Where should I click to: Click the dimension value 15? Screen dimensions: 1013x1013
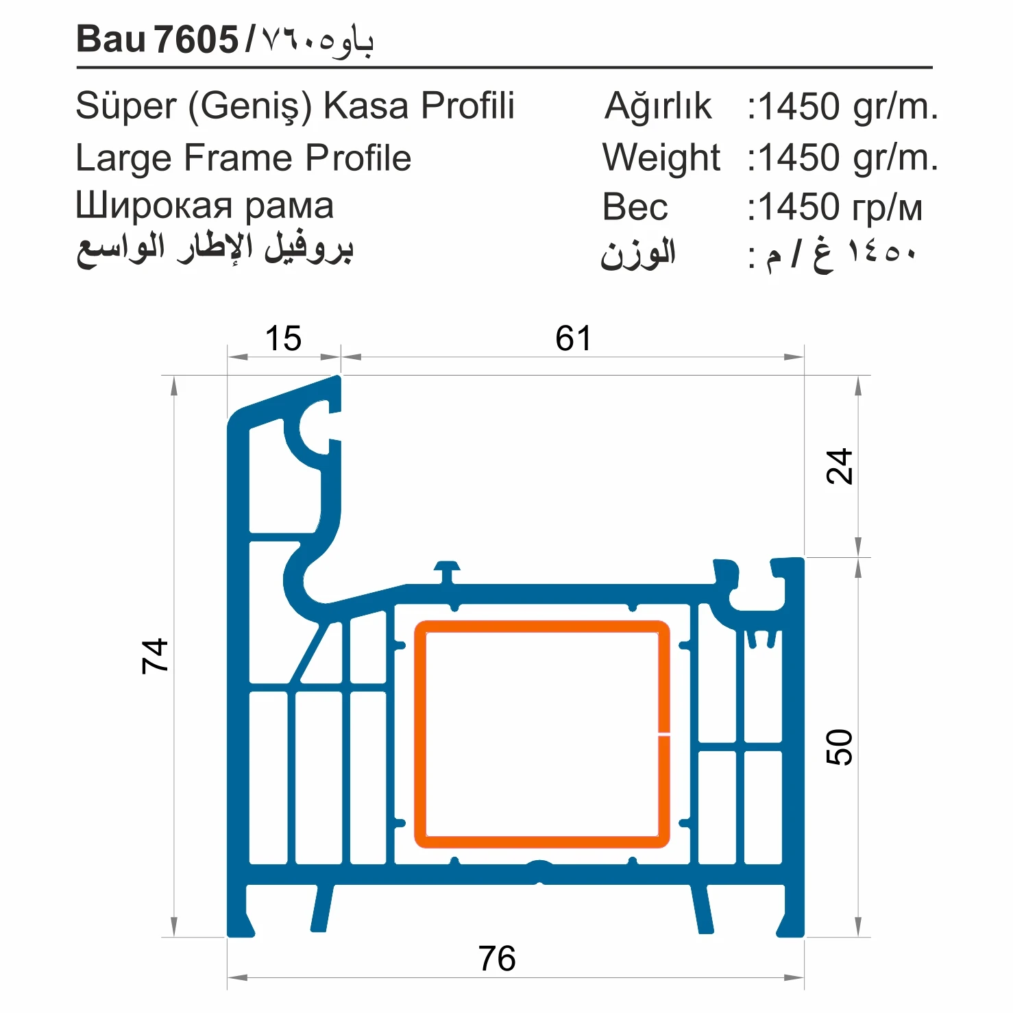(x=283, y=339)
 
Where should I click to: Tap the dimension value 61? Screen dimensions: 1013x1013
(x=573, y=339)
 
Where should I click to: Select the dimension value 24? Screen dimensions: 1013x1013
(x=840, y=467)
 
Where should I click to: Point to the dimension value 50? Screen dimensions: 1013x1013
(x=840, y=747)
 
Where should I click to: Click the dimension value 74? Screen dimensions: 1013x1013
(x=155, y=656)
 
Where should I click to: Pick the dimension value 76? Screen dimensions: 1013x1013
(x=497, y=958)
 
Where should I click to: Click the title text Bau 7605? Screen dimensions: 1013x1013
(x=157, y=39)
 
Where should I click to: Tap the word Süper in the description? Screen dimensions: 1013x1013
(x=126, y=106)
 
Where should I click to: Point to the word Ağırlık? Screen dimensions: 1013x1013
(x=658, y=106)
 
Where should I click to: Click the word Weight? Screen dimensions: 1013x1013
(x=661, y=158)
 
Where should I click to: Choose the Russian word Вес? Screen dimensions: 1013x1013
(x=635, y=207)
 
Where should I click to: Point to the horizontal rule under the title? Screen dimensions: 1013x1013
(x=504, y=68)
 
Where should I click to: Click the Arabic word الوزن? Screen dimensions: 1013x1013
(x=638, y=254)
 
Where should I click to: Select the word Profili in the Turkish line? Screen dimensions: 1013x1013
(x=467, y=106)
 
